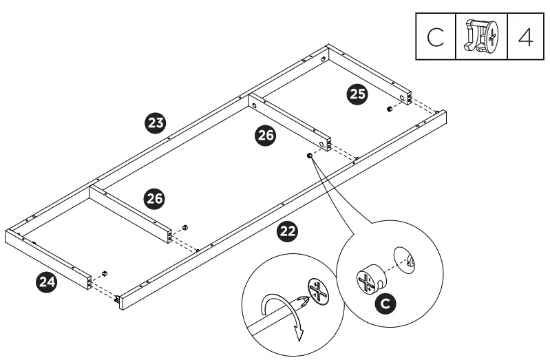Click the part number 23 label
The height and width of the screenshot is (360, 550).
(x=156, y=124)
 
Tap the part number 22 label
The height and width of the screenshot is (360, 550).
(x=287, y=232)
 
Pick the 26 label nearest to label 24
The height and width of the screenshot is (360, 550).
(x=154, y=198)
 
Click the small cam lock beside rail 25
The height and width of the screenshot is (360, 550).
(x=389, y=109)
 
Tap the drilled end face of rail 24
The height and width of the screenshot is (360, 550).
(x=88, y=282)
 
